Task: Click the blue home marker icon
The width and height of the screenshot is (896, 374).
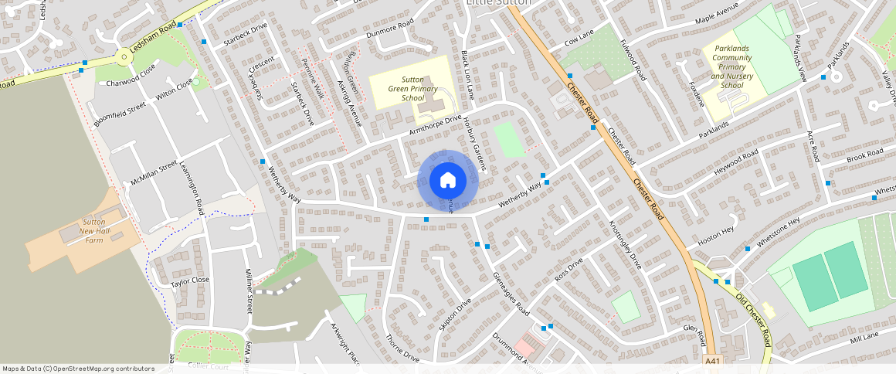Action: click(x=447, y=181)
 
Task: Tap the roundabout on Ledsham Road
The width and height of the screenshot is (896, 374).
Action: click(x=124, y=57)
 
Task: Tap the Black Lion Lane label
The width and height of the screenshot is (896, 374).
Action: click(x=466, y=76)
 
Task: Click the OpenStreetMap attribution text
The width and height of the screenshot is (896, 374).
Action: click(x=78, y=369)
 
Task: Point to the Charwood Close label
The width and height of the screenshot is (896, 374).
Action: click(x=131, y=80)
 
